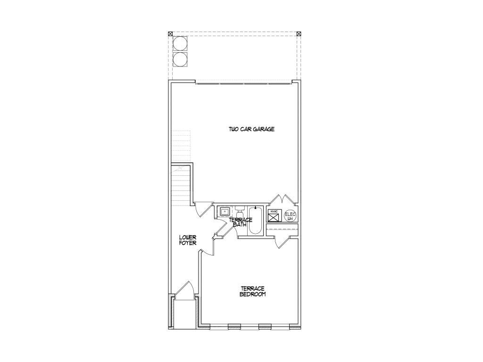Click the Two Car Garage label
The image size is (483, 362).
[x=251, y=129]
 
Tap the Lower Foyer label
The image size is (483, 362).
[x=188, y=240]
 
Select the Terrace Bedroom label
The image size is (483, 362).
[x=253, y=291]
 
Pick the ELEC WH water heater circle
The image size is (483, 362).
[x=290, y=216]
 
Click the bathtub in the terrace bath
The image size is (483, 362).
[x=255, y=221]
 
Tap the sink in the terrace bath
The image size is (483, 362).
[x=225, y=212]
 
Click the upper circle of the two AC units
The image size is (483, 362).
[x=180, y=44]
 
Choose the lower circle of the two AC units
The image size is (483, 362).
[x=180, y=60]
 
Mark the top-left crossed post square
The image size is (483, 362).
[x=170, y=33]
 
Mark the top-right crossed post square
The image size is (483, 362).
[x=299, y=33]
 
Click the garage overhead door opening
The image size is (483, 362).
[x=243, y=83]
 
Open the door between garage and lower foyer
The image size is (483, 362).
[x=203, y=209]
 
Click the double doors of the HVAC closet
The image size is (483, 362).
[x=283, y=199]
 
